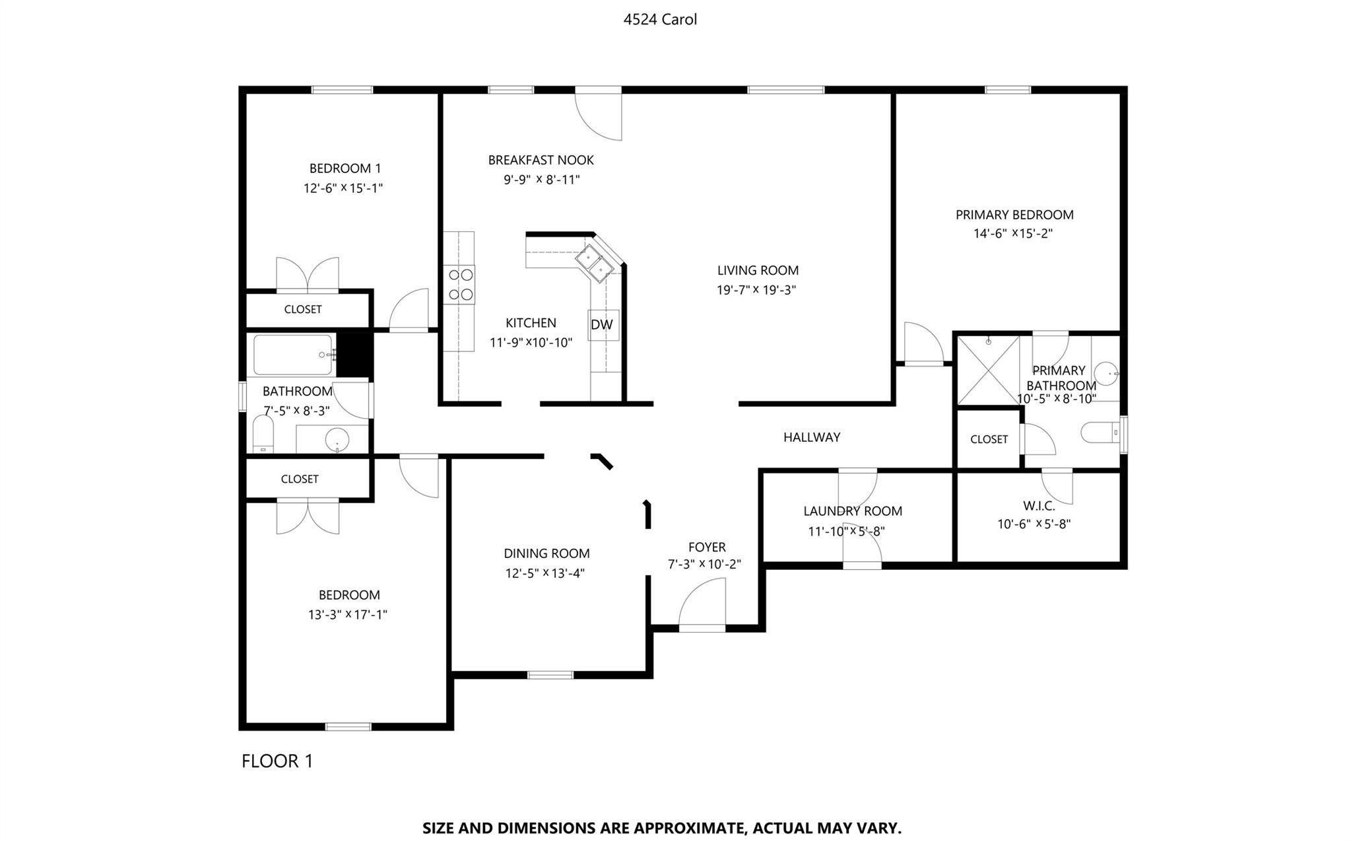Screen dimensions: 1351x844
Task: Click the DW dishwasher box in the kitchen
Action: coord(603,325)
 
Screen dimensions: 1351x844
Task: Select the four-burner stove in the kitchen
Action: coord(459,284)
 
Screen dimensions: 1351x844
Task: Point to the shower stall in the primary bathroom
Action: coord(988,370)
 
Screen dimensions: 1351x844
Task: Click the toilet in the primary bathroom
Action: coord(1101,433)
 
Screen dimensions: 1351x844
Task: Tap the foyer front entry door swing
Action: coord(702,604)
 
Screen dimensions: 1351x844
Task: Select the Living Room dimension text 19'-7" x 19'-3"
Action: coord(756,290)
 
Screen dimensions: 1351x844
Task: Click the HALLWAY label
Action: coord(812,437)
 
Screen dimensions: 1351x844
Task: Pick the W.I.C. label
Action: coord(1039,507)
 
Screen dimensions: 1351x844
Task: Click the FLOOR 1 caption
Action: coord(277,761)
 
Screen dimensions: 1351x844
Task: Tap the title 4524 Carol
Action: coord(660,19)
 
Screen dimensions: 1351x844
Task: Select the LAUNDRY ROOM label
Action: coord(853,511)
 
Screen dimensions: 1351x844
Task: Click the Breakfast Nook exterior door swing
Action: coord(599,114)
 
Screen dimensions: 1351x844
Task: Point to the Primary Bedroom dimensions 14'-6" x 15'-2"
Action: coord(1013,233)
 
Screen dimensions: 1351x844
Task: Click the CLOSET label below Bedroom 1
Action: coord(303,309)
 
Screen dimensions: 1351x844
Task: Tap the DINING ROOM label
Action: coord(546,553)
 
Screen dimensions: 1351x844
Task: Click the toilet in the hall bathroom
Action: coord(263,434)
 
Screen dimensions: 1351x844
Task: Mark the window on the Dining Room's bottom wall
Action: coord(550,675)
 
